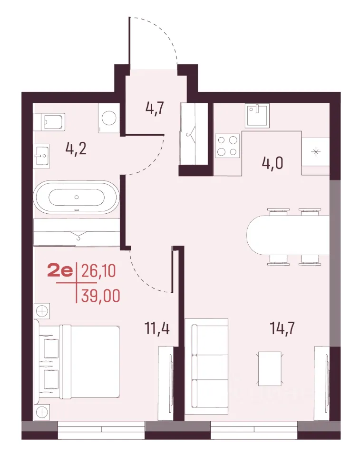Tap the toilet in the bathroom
pos(49,122)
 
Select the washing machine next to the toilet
pos(109,118)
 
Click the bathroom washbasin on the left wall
pos(41,156)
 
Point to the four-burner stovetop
pos(227,146)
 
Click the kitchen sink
pos(257,115)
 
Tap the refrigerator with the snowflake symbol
pos(315,152)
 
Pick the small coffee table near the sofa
pos(270,368)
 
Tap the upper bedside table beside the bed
pos(42,311)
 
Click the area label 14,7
pos(282,328)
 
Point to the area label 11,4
pos(157,328)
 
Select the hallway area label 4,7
pos(155,109)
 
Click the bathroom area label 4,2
pos(76,149)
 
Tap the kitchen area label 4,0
pos(272,163)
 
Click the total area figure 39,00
pos(100,296)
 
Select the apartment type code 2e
pos(60,271)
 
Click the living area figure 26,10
pos(98,271)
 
